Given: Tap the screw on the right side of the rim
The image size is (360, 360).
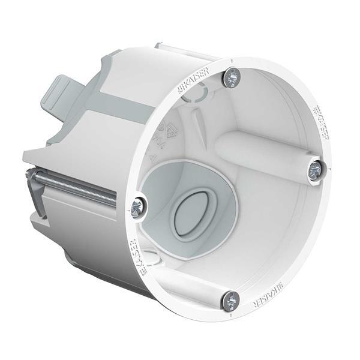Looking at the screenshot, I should [316, 171].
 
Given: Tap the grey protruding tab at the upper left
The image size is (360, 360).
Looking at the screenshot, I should [66, 97].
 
